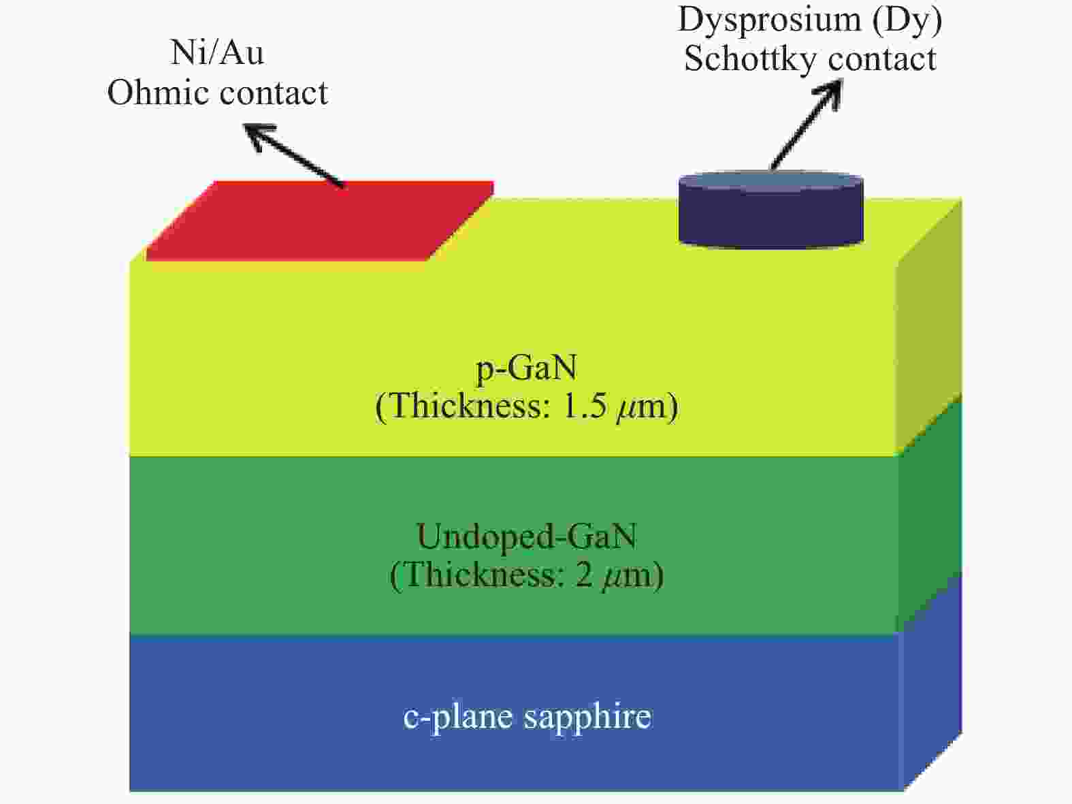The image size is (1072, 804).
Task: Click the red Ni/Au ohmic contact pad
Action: point(320,221)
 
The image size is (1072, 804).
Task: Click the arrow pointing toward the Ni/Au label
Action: point(295,156)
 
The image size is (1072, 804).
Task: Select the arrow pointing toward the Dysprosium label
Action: point(807,125)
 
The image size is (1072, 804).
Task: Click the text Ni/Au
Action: point(217,52)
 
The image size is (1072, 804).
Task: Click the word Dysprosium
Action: point(769,20)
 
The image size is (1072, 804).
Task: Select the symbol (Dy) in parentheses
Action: point(907,20)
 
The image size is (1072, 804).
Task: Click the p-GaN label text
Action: point(527,368)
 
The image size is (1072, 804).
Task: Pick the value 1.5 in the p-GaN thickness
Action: point(585,406)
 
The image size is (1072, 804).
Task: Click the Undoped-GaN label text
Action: point(527,536)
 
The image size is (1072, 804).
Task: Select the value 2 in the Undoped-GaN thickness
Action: point(584,575)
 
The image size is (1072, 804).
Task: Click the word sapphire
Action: point(588,718)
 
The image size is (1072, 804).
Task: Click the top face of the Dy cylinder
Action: point(770,180)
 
